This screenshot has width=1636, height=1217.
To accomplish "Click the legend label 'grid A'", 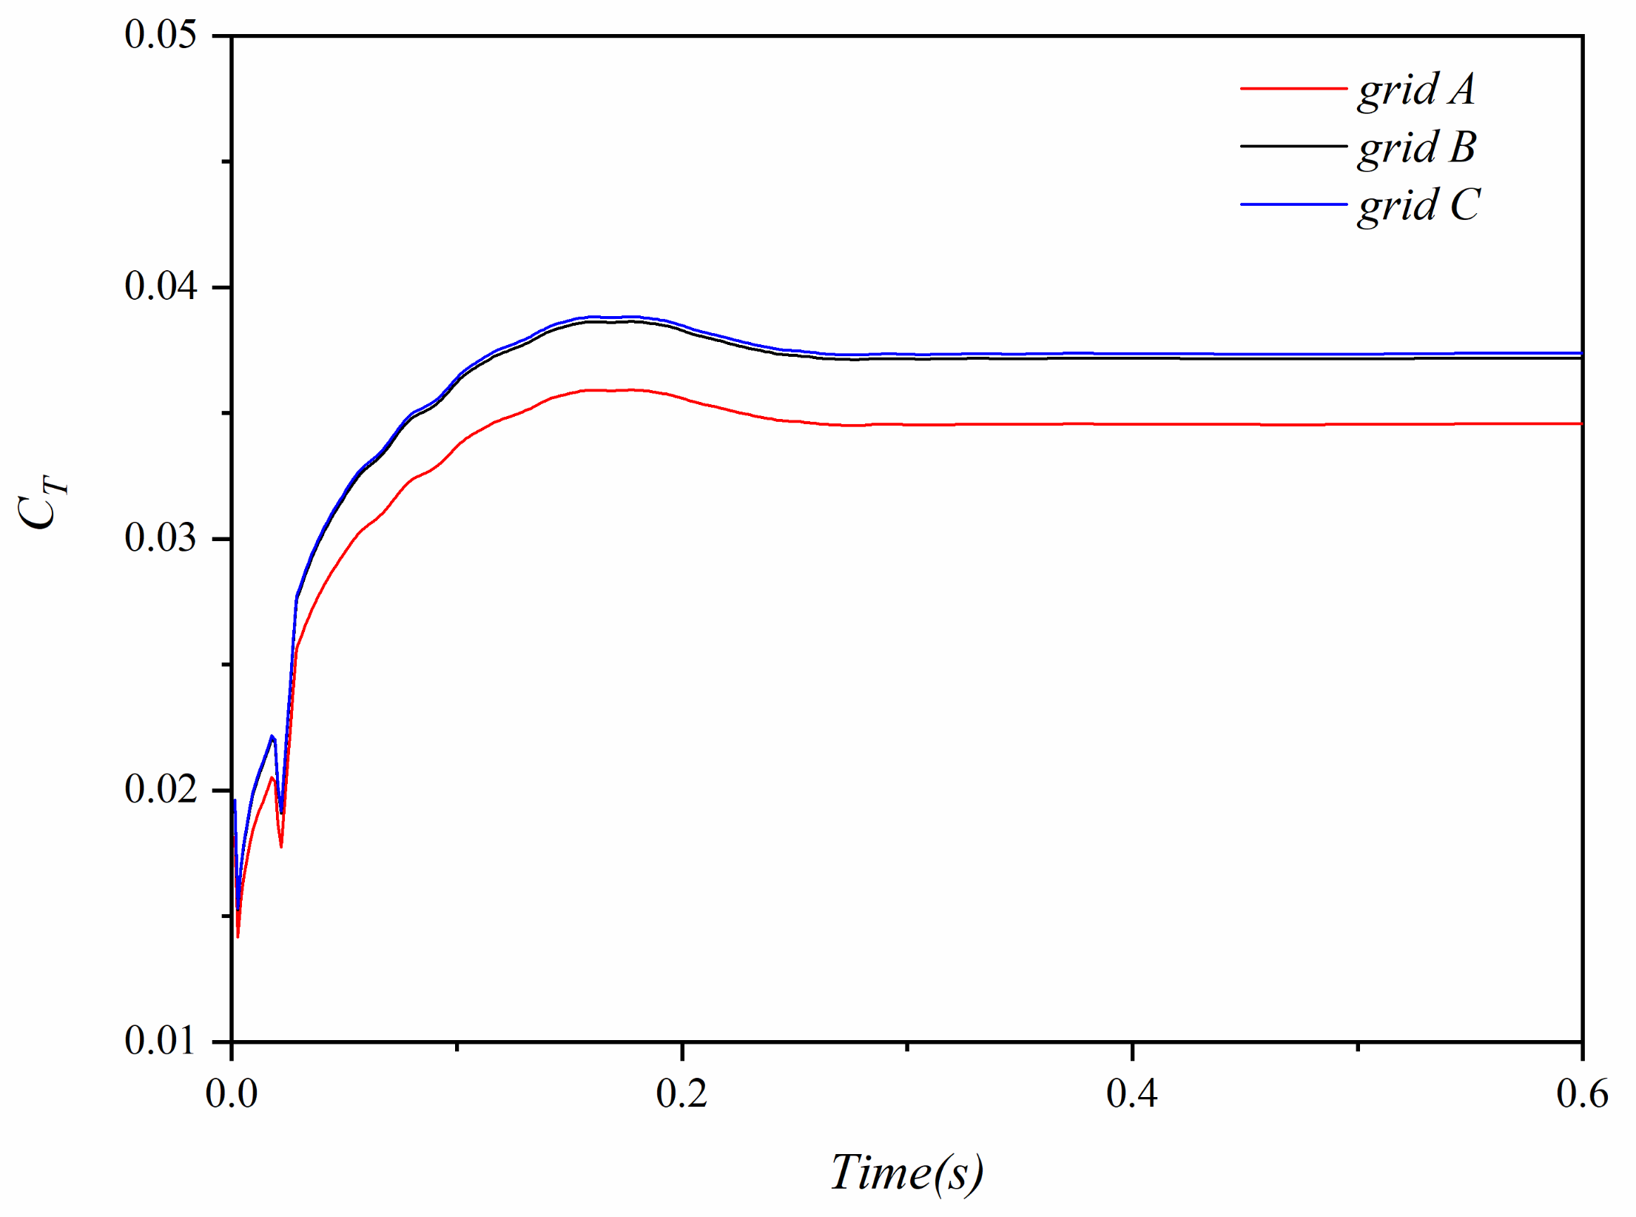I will coord(1416,90).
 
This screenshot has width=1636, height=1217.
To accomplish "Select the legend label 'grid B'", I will coord(1417,147).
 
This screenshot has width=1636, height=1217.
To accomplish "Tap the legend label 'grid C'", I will coord(1418,205).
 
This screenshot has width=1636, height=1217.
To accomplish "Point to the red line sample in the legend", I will coord(1293,89).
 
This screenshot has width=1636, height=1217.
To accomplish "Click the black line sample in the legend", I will coord(1293,147).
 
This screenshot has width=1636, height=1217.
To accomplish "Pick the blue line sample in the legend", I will coord(1293,204).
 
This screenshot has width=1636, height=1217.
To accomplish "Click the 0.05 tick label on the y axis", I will coord(161,35).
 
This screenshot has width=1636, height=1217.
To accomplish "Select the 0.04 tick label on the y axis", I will coord(161,286).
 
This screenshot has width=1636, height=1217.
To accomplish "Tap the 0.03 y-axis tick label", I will coord(161,538).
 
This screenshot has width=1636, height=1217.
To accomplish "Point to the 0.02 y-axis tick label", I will coord(161,789).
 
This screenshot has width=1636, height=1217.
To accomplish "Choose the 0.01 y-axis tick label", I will coord(161,1041).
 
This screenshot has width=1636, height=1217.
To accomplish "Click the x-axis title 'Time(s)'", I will coord(906,1173).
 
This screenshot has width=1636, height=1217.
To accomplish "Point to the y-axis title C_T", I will coord(41,503).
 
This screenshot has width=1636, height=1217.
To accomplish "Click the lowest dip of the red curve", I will coord(238,936).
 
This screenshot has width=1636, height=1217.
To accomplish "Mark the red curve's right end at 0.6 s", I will coord(1581,424).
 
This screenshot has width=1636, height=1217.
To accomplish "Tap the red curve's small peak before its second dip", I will coord(272,777).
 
